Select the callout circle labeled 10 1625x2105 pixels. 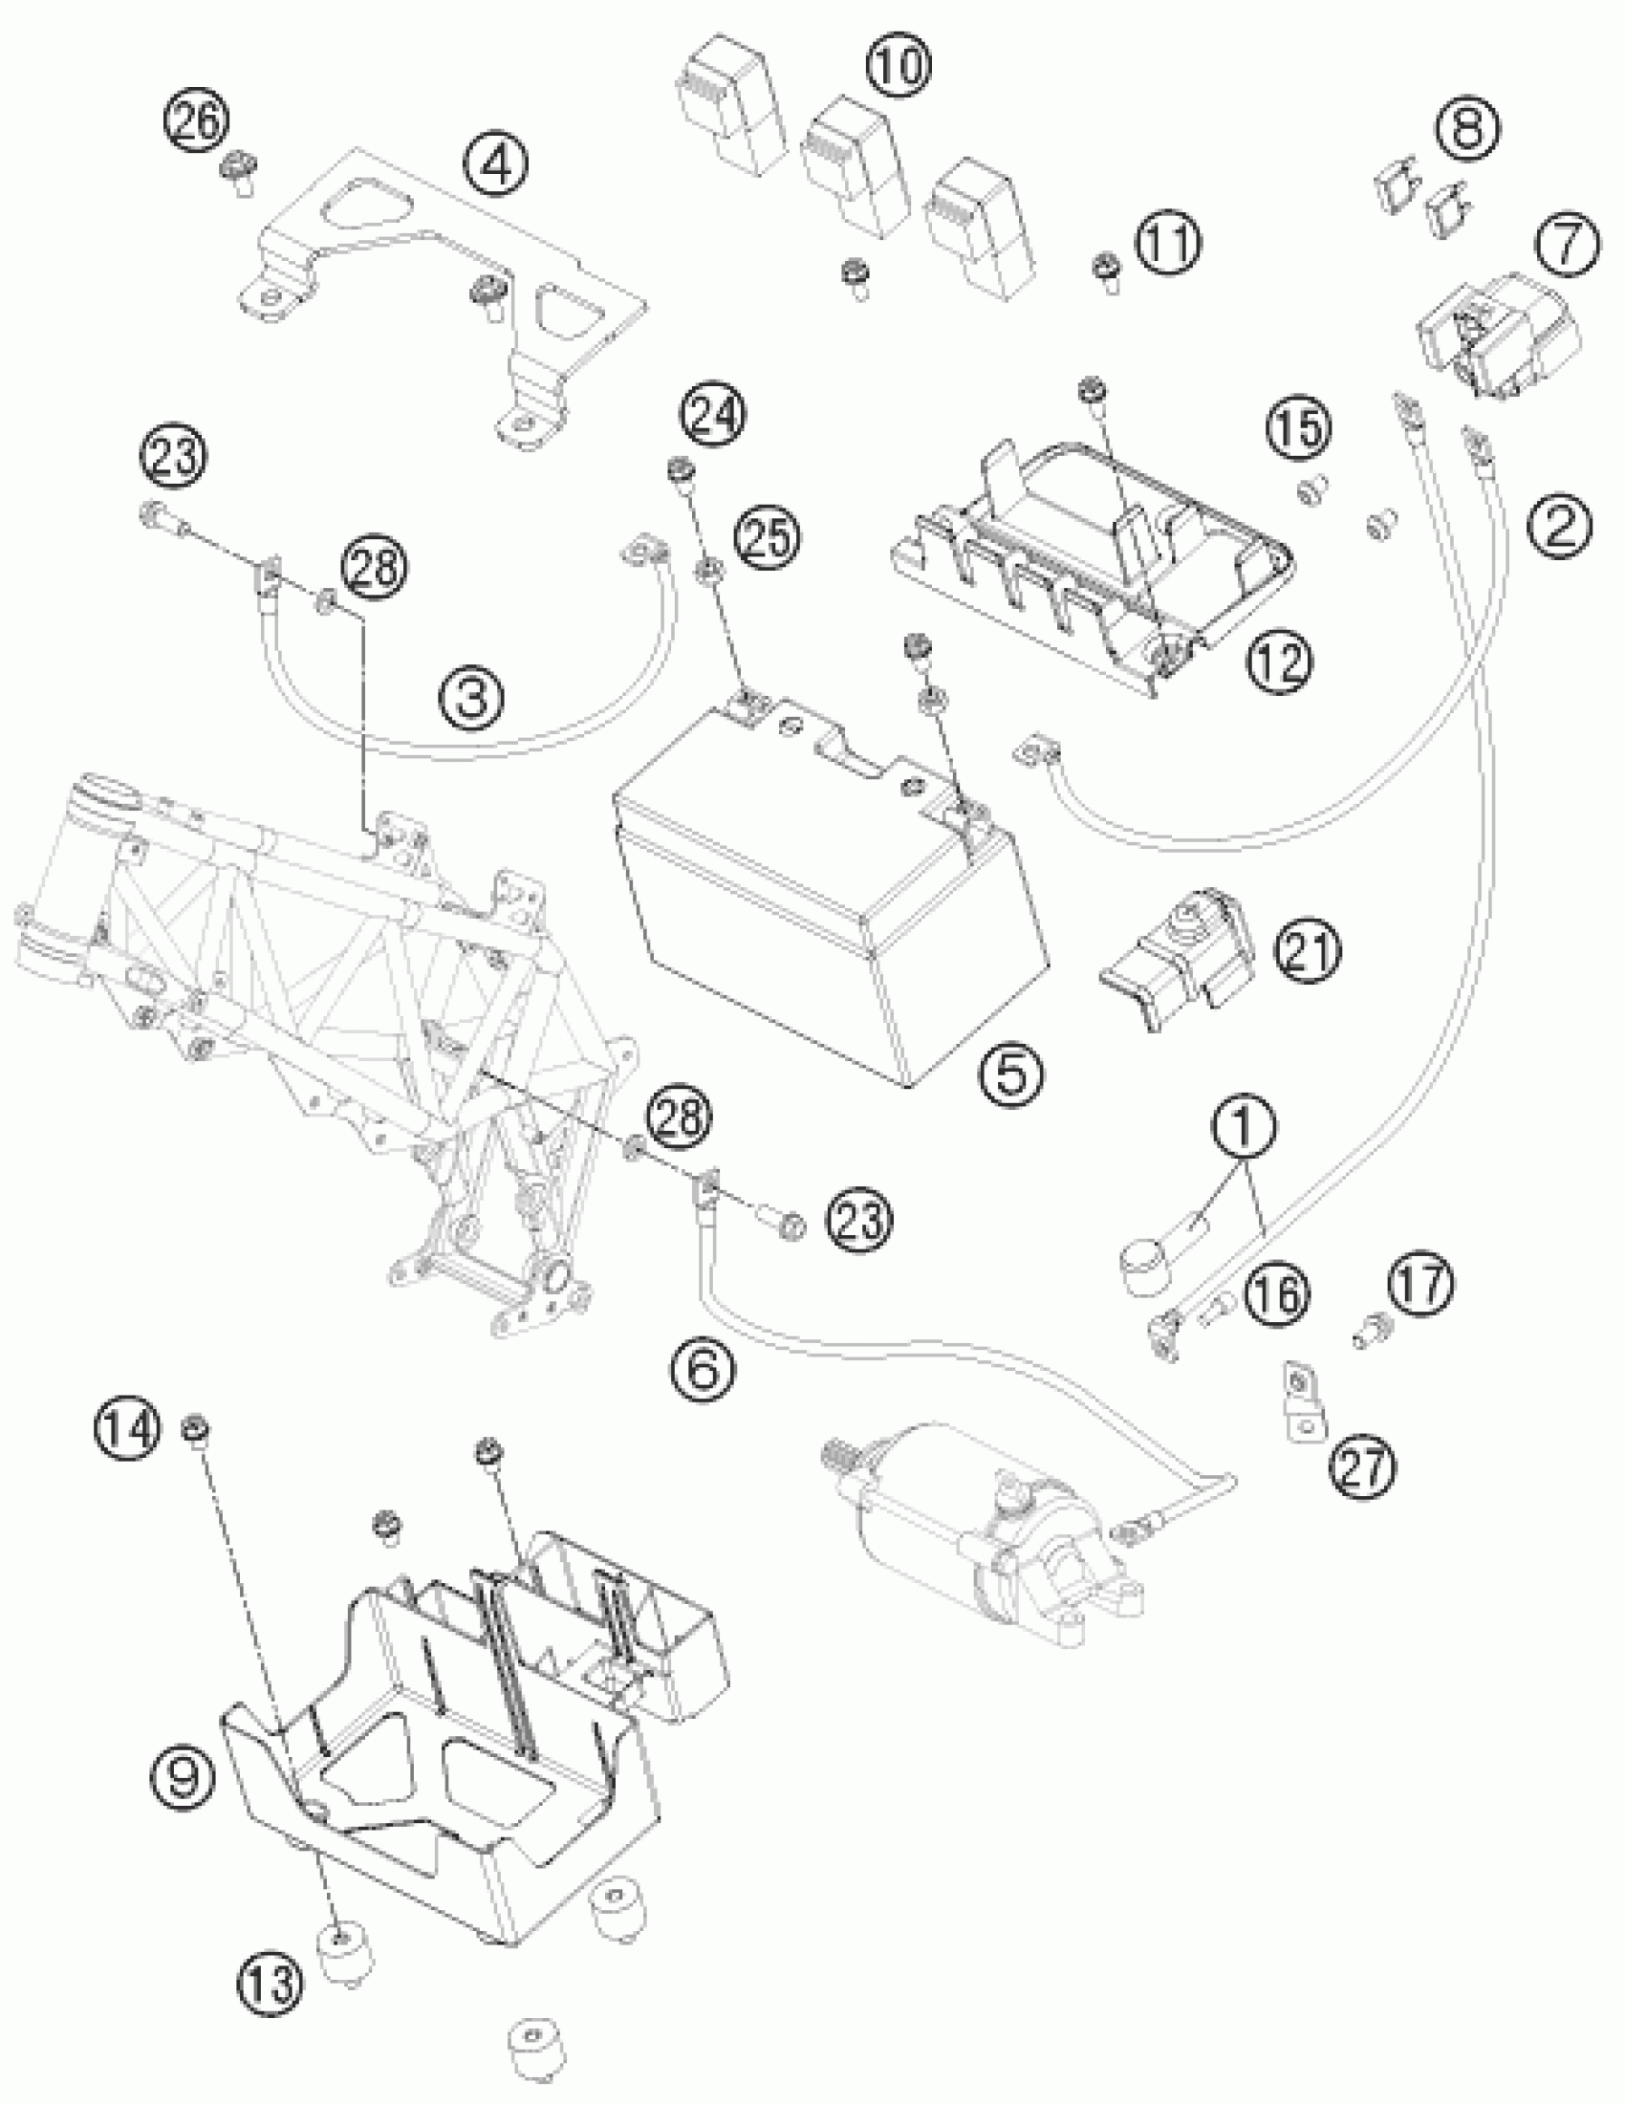tap(899, 68)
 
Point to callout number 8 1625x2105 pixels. tap(1467, 129)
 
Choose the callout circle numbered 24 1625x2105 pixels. tap(714, 417)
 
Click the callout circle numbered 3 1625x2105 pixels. tap(472, 696)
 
